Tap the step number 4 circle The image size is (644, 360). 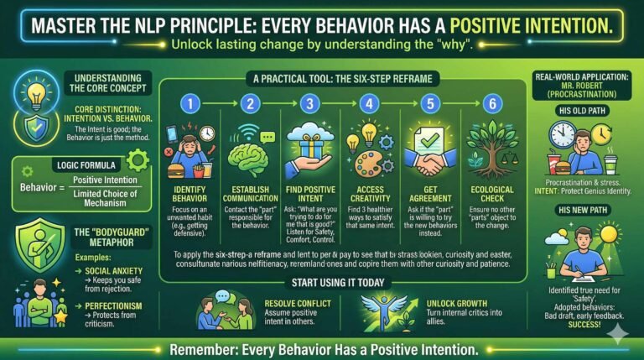click(x=367, y=105)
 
